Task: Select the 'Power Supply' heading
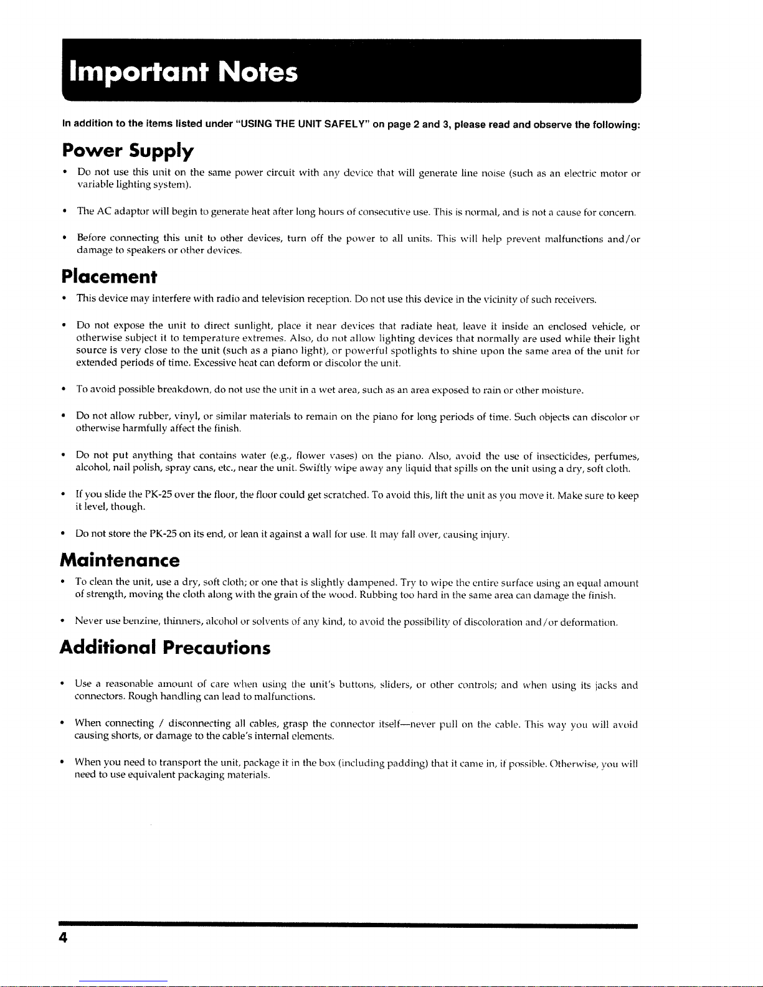(x=128, y=151)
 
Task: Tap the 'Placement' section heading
(x=109, y=276)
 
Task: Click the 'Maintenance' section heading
(x=120, y=560)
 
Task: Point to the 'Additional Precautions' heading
(x=165, y=648)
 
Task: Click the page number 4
(x=64, y=938)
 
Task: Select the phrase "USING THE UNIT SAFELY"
(x=301, y=125)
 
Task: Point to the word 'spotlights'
(x=415, y=351)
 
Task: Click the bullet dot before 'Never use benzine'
(x=64, y=621)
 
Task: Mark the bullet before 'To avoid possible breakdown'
(x=64, y=390)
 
